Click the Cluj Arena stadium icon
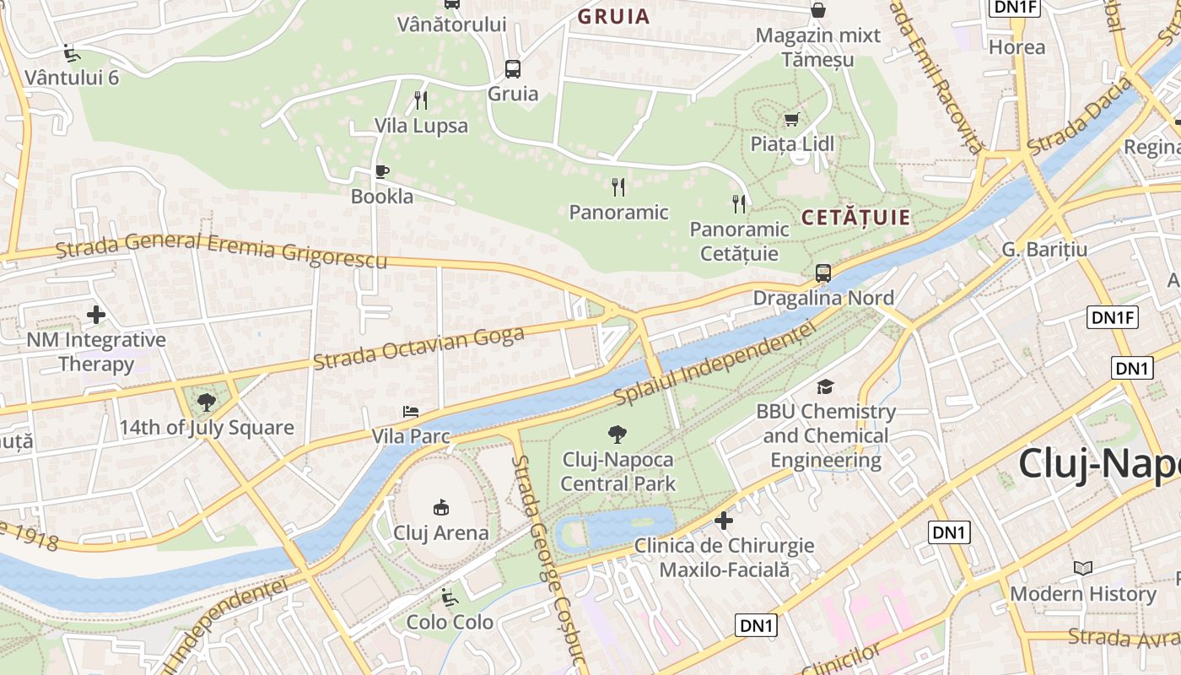pos(441,507)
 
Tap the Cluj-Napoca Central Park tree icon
pos(617,435)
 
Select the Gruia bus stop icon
pos(512,68)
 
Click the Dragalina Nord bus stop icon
pos(822,273)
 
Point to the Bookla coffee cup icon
pos(382,172)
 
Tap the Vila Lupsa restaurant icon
pos(421,100)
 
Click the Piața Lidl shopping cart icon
pos(791,119)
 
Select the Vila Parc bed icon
pos(411,412)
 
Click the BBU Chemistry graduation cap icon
pos(825,386)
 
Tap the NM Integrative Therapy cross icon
pos(96,316)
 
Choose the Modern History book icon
pos(1083,568)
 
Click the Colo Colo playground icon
pos(450,597)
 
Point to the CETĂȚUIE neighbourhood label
pos(855,218)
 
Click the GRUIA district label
pos(613,16)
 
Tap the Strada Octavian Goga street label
pos(418,347)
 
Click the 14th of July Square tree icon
pos(206,402)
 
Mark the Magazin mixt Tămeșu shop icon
pos(817,10)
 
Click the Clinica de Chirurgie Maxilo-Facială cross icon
pos(724,520)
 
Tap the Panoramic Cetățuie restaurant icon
pos(739,203)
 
